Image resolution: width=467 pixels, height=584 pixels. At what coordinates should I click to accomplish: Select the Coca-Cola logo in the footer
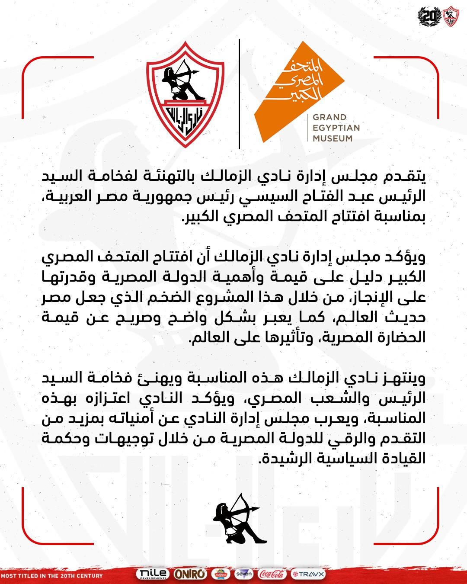(272, 574)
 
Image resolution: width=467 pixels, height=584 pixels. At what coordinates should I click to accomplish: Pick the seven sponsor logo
(244, 574)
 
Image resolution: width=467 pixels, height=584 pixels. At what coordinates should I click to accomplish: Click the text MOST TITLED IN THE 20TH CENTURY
(52, 576)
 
